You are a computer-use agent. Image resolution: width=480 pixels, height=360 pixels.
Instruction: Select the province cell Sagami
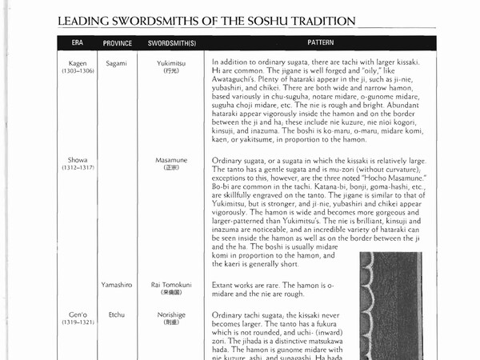point(117,62)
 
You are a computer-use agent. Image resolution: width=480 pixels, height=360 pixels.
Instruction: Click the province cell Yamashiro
point(117,285)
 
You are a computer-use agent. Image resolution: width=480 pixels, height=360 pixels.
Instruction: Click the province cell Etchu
point(117,315)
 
